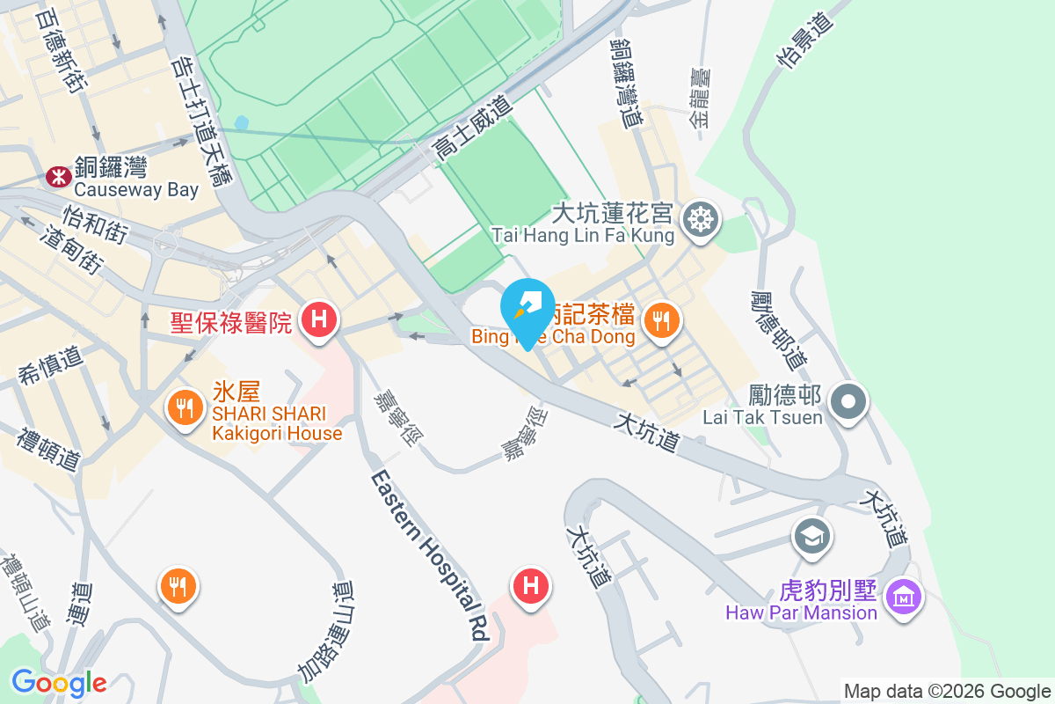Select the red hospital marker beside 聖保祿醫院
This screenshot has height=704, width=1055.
click(x=319, y=318)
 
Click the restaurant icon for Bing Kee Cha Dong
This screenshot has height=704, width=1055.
click(x=661, y=319)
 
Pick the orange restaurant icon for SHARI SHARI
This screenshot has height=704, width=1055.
click(x=184, y=407)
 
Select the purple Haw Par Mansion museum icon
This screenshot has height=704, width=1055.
click(x=904, y=598)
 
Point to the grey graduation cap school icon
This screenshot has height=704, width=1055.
click(x=811, y=534)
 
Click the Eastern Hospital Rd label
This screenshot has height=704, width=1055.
click(x=430, y=554)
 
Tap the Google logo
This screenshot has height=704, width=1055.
click(x=59, y=682)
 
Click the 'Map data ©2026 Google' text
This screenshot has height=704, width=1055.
click(x=946, y=691)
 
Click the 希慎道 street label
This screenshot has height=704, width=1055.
click(x=50, y=368)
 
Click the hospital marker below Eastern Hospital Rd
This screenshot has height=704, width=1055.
click(x=531, y=585)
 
